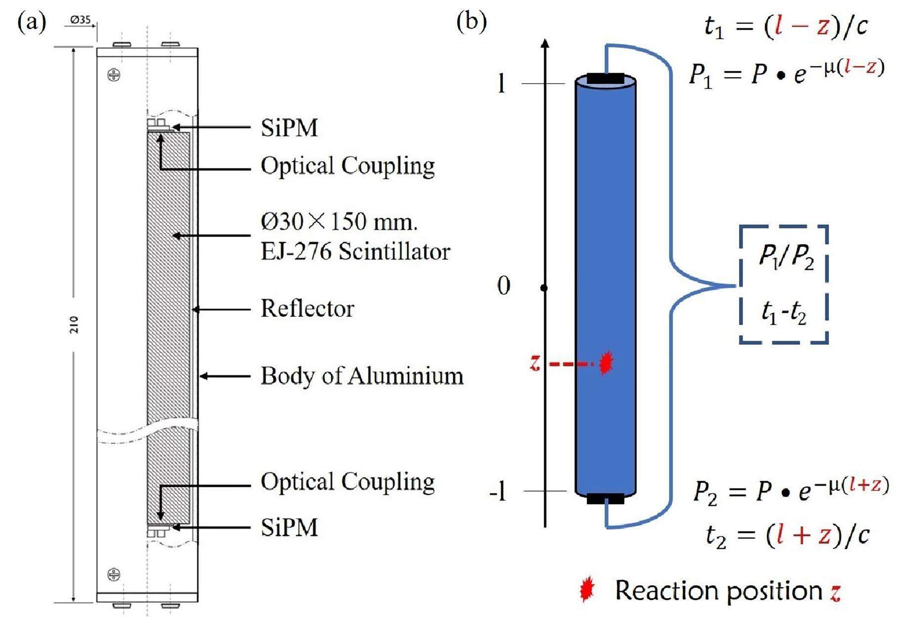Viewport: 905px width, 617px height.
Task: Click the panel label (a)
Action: click(x=32, y=23)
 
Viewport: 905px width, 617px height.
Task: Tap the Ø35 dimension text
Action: click(x=80, y=20)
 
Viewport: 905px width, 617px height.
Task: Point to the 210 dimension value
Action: click(x=74, y=325)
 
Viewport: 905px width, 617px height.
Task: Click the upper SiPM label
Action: click(x=289, y=128)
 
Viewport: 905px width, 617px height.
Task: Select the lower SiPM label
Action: click(x=289, y=527)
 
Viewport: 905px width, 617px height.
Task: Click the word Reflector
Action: click(x=307, y=308)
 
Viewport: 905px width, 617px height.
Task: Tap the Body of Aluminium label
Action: click(x=362, y=376)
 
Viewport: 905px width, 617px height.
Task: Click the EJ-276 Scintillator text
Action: click(x=355, y=252)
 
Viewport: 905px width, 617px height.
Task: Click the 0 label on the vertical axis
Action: click(x=503, y=286)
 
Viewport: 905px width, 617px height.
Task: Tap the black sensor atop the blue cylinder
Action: click(x=605, y=79)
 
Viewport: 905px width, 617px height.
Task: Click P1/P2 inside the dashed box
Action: click(x=786, y=258)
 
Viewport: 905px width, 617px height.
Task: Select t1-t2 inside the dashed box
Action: click(x=784, y=312)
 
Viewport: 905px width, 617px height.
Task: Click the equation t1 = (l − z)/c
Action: click(x=786, y=26)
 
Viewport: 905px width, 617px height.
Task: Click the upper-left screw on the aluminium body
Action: click(x=114, y=75)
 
